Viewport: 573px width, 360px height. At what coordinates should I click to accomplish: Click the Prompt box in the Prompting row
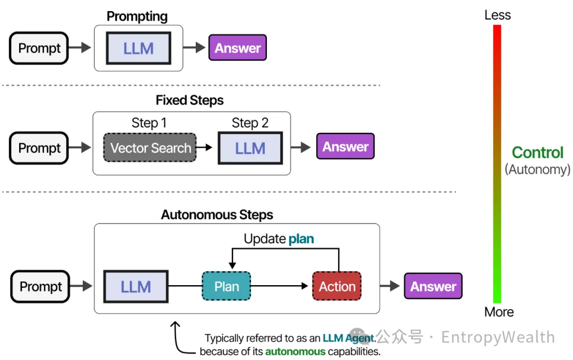[x=39, y=48]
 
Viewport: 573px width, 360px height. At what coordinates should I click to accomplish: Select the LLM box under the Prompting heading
[x=138, y=48]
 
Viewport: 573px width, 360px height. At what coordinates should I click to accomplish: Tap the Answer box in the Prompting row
[x=238, y=48]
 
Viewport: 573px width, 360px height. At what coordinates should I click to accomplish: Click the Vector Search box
[x=150, y=148]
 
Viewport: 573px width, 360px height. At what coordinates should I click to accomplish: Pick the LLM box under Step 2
[x=250, y=148]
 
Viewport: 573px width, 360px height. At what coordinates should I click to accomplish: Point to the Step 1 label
[x=149, y=123]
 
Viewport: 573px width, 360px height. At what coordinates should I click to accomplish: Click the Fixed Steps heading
[x=189, y=100]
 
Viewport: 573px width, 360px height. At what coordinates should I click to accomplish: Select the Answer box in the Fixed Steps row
[x=345, y=147]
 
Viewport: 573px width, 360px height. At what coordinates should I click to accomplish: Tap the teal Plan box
[x=227, y=286]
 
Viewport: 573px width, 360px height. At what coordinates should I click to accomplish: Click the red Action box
[x=337, y=286]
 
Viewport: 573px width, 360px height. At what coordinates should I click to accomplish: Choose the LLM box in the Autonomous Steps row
[x=136, y=287]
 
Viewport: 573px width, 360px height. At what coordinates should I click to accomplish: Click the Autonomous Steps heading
[x=217, y=215]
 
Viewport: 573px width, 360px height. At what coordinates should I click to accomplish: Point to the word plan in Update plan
[x=301, y=239]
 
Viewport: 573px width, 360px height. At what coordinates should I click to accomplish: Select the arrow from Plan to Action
[x=280, y=286]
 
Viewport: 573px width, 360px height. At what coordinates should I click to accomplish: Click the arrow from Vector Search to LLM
[x=204, y=147]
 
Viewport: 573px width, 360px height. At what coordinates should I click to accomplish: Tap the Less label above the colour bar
[x=497, y=15]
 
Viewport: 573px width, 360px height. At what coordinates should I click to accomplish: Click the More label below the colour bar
[x=499, y=312]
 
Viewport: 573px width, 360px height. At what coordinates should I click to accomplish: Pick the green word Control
[x=537, y=152]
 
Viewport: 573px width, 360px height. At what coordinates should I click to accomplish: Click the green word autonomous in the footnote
[x=296, y=352]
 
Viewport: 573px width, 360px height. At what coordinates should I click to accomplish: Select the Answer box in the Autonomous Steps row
[x=433, y=286]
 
